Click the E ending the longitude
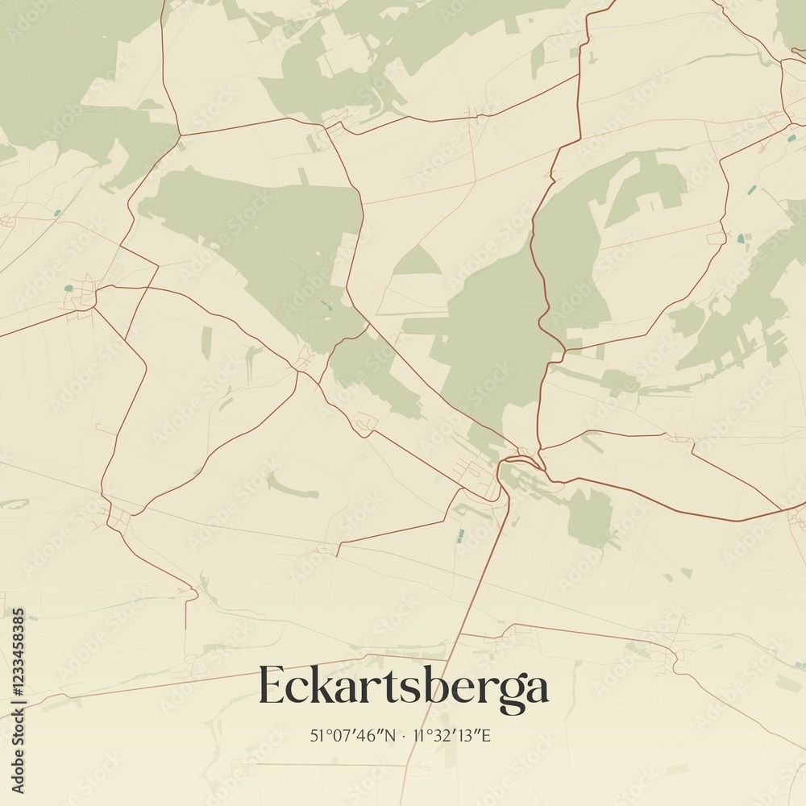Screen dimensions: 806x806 point(485,735)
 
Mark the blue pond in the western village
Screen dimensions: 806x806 point(69,286)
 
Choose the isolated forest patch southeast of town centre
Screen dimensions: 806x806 point(590,516)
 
